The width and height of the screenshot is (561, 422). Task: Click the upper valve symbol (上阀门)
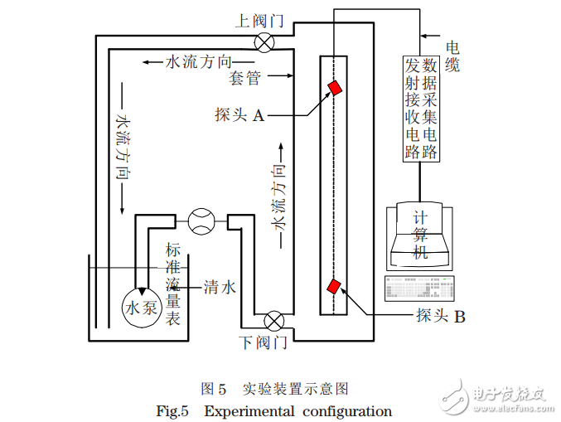click(264, 42)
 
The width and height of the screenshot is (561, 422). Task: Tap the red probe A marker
click(335, 87)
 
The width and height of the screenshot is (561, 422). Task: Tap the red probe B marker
click(334, 287)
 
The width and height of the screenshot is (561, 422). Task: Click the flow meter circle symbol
click(201, 221)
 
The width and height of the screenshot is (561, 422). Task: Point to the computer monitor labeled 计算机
click(420, 235)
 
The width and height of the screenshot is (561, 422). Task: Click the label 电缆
click(452, 57)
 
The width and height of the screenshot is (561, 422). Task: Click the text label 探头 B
click(441, 316)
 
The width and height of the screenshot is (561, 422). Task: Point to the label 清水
click(220, 288)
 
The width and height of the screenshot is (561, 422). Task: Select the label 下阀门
click(263, 342)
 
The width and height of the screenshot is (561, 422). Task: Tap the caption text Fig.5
click(173, 410)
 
